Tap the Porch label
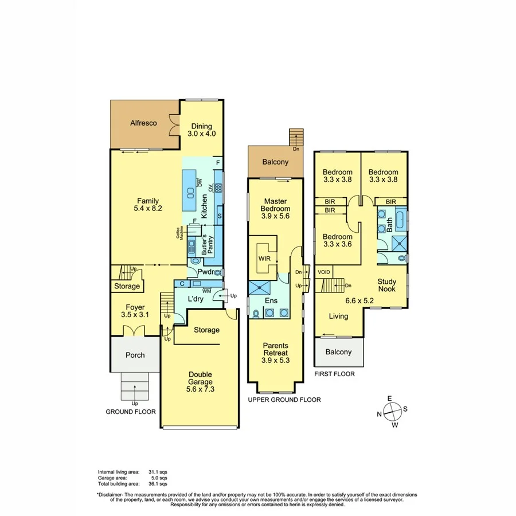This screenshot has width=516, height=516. click(x=135, y=355)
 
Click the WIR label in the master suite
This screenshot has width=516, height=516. click(x=264, y=259)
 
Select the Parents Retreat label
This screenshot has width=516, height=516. click(x=275, y=353)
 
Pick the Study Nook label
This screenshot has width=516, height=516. click(x=387, y=286)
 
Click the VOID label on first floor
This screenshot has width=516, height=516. click(x=324, y=272)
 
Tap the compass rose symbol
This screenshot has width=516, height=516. click(x=392, y=411)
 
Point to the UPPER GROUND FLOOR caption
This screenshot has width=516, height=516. click(x=284, y=400)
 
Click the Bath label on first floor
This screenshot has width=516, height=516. click(x=389, y=222)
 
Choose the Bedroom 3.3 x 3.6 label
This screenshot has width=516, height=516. click(x=337, y=240)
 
